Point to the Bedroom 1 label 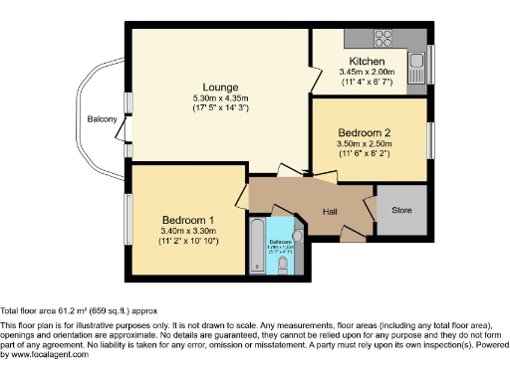point(189,220)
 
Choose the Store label point(401,210)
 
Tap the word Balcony point(102,120)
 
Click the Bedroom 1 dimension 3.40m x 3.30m point(189,231)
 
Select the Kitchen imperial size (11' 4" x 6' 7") point(367,83)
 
